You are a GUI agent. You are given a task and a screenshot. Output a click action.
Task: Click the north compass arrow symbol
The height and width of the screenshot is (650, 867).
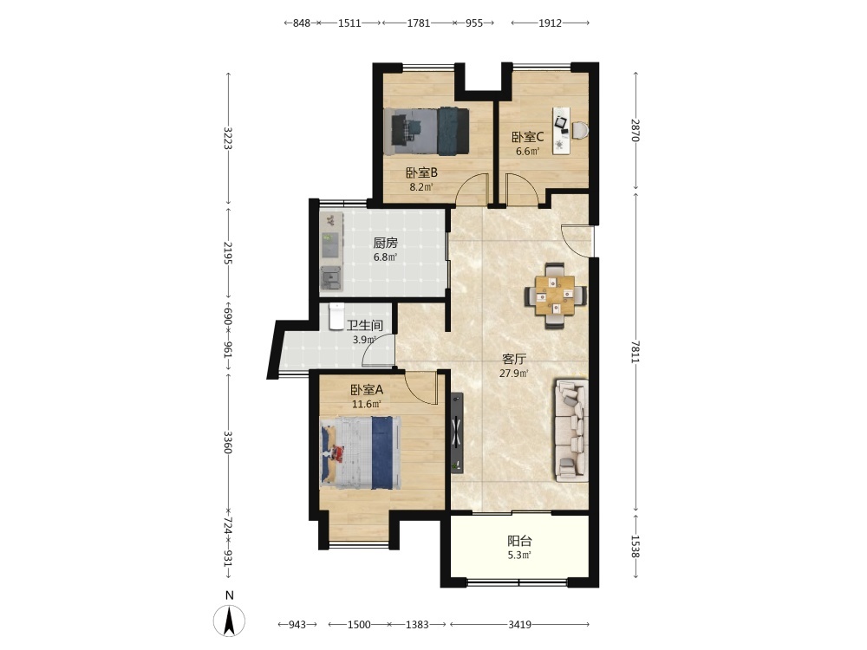[x=230, y=621]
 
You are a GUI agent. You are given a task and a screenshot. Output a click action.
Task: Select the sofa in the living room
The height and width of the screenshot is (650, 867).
[x=571, y=430]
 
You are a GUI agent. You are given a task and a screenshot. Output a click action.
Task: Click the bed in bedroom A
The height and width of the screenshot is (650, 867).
[x=361, y=452]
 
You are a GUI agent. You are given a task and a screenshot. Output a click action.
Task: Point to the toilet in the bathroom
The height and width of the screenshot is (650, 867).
[x=336, y=316]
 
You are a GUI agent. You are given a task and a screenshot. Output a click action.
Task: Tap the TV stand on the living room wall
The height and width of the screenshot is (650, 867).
[x=456, y=432]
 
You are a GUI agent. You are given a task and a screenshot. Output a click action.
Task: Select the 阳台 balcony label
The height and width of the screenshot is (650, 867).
[x=519, y=541]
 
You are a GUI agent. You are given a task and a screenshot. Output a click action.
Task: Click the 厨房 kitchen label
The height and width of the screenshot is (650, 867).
[x=386, y=243]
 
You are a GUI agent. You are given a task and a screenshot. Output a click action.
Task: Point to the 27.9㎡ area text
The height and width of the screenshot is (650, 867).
[x=514, y=373]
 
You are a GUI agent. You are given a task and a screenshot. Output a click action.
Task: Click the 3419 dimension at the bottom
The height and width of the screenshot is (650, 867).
[x=519, y=625]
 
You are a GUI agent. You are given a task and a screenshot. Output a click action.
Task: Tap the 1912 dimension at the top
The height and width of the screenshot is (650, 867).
[x=551, y=23]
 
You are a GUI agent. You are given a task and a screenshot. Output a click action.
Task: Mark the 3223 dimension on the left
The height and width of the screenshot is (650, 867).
[x=228, y=138]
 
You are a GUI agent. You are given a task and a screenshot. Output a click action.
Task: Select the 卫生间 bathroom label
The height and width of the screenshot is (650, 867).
[x=365, y=325]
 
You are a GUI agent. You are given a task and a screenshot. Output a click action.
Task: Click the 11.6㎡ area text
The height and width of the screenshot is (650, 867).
[x=367, y=404]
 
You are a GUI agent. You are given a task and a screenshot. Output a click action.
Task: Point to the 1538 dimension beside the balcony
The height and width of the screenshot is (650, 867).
[x=636, y=546]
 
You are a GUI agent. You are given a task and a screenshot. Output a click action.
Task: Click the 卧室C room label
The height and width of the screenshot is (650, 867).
[x=527, y=137]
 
